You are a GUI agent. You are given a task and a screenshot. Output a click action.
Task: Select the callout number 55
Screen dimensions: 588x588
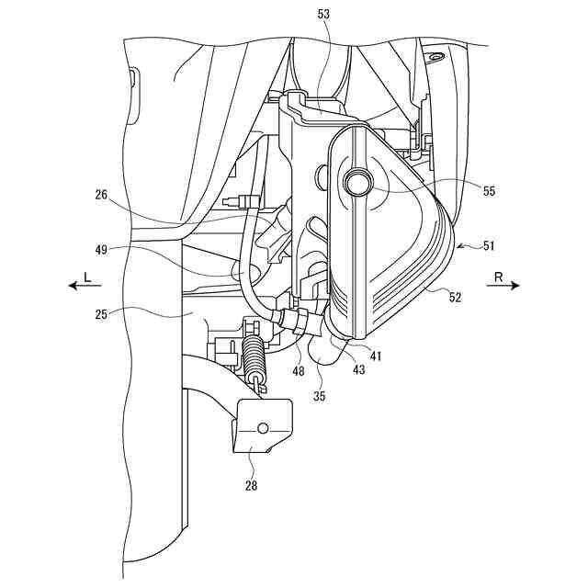click(488, 192)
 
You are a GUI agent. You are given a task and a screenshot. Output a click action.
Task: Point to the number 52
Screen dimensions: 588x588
click(455, 297)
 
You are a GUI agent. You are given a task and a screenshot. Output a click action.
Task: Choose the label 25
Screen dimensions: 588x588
click(103, 314)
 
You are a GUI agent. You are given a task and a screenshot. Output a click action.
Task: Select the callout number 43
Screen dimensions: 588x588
click(356, 369)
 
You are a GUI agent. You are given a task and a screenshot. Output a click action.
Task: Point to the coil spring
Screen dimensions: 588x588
click(255, 360)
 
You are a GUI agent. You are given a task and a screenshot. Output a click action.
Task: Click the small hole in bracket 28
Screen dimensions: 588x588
click(262, 428)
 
